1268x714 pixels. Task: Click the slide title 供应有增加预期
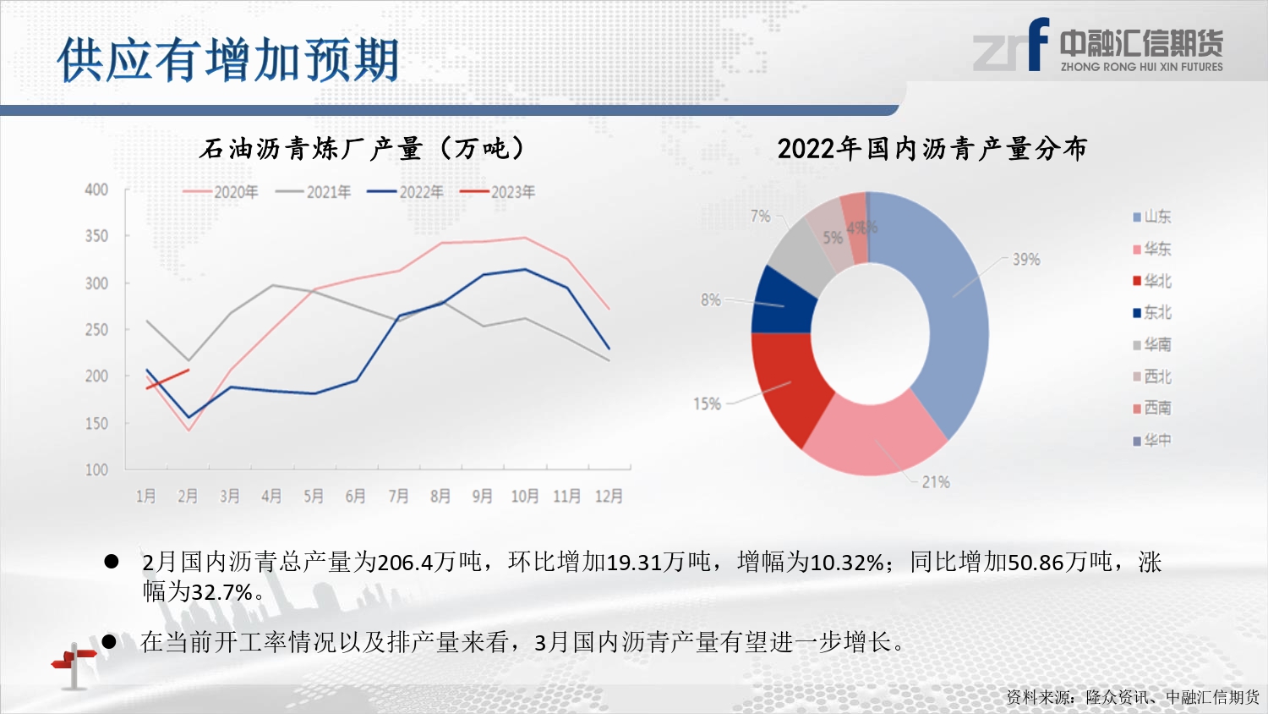click(228, 61)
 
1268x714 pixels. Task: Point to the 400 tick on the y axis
click(96, 189)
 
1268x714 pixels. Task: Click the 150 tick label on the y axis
click(96, 423)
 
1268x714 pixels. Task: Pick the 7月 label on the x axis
click(398, 496)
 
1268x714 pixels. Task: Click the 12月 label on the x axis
click(609, 496)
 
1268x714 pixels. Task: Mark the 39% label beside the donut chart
click(1026, 260)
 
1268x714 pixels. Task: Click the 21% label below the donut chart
click(936, 482)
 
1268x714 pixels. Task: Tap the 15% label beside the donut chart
click(707, 404)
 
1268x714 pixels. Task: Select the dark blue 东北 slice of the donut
click(782, 301)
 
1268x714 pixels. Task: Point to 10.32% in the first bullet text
click(847, 563)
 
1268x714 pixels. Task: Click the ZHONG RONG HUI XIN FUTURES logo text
click(1141, 67)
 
